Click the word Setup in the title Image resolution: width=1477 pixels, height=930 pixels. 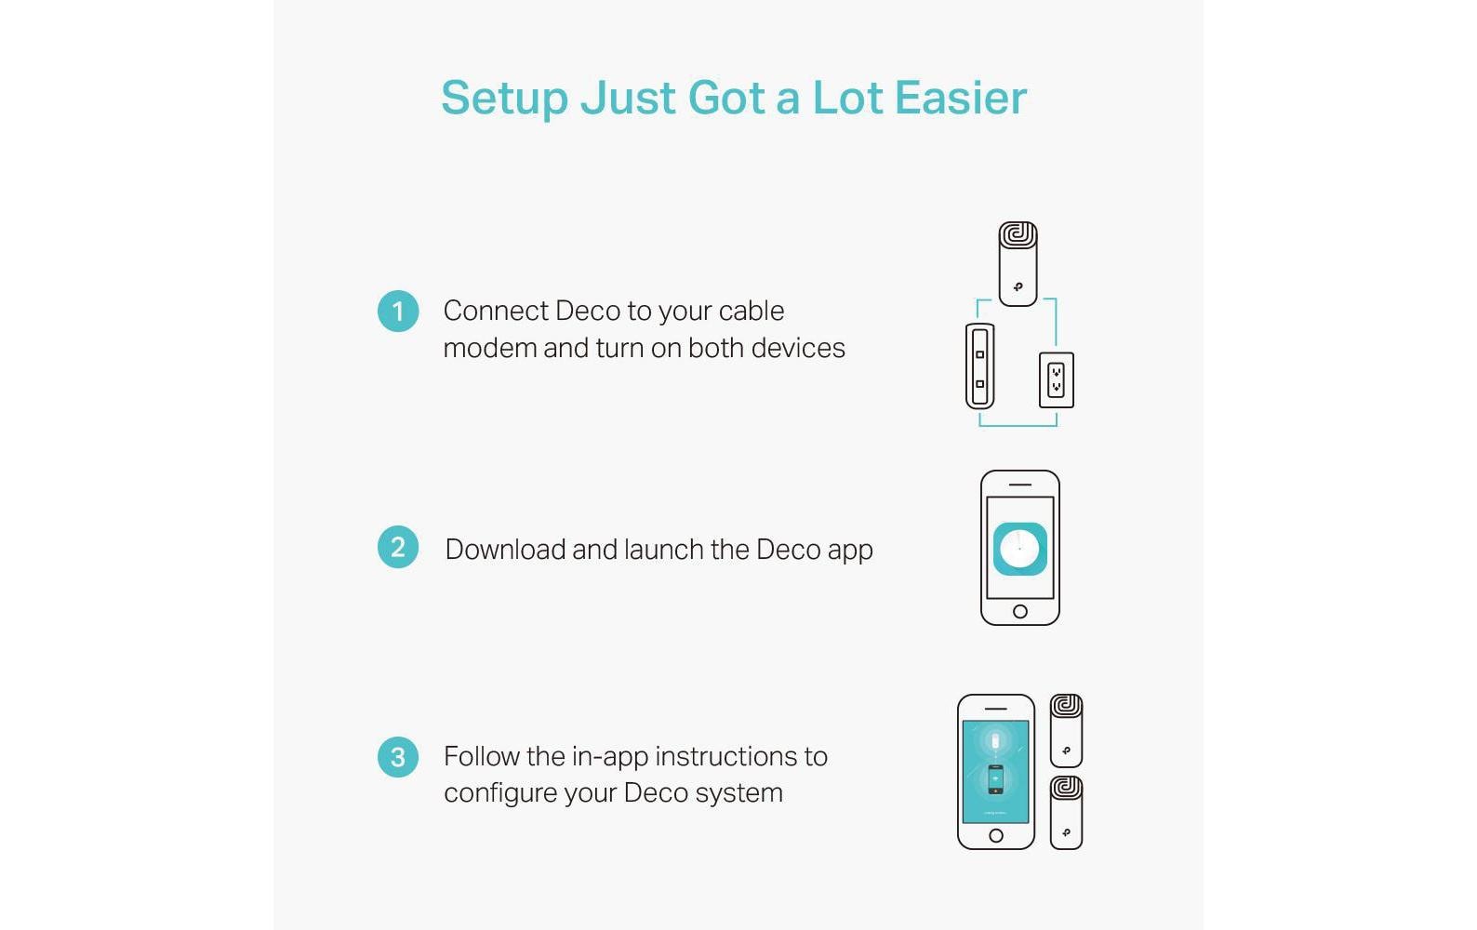click(504, 99)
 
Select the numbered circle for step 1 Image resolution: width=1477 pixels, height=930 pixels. click(398, 312)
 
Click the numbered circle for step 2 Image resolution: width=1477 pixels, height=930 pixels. click(398, 547)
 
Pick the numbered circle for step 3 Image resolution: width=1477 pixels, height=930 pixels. click(398, 757)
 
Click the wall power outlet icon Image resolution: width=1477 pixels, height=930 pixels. click(1057, 380)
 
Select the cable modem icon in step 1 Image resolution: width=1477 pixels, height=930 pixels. click(979, 366)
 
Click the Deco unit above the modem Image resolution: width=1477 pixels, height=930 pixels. click(1018, 263)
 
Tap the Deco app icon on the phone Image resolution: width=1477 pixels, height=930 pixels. click(1020, 549)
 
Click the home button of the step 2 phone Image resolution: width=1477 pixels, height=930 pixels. click(1020, 612)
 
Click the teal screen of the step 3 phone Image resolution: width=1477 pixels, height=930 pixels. click(995, 772)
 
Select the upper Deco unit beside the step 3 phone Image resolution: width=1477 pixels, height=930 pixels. click(1066, 730)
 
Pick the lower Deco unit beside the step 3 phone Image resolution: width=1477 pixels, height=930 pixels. click(1066, 813)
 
